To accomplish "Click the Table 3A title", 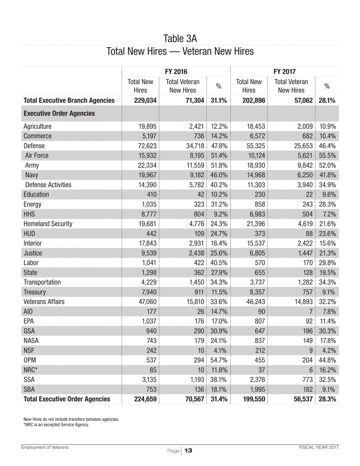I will point(180,38).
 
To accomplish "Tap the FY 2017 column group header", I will point(285,71).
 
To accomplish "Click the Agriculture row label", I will point(38,127).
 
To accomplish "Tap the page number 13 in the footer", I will point(189,450).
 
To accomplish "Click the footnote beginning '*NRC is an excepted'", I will point(56,425).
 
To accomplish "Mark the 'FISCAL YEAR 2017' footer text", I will point(318,447).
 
